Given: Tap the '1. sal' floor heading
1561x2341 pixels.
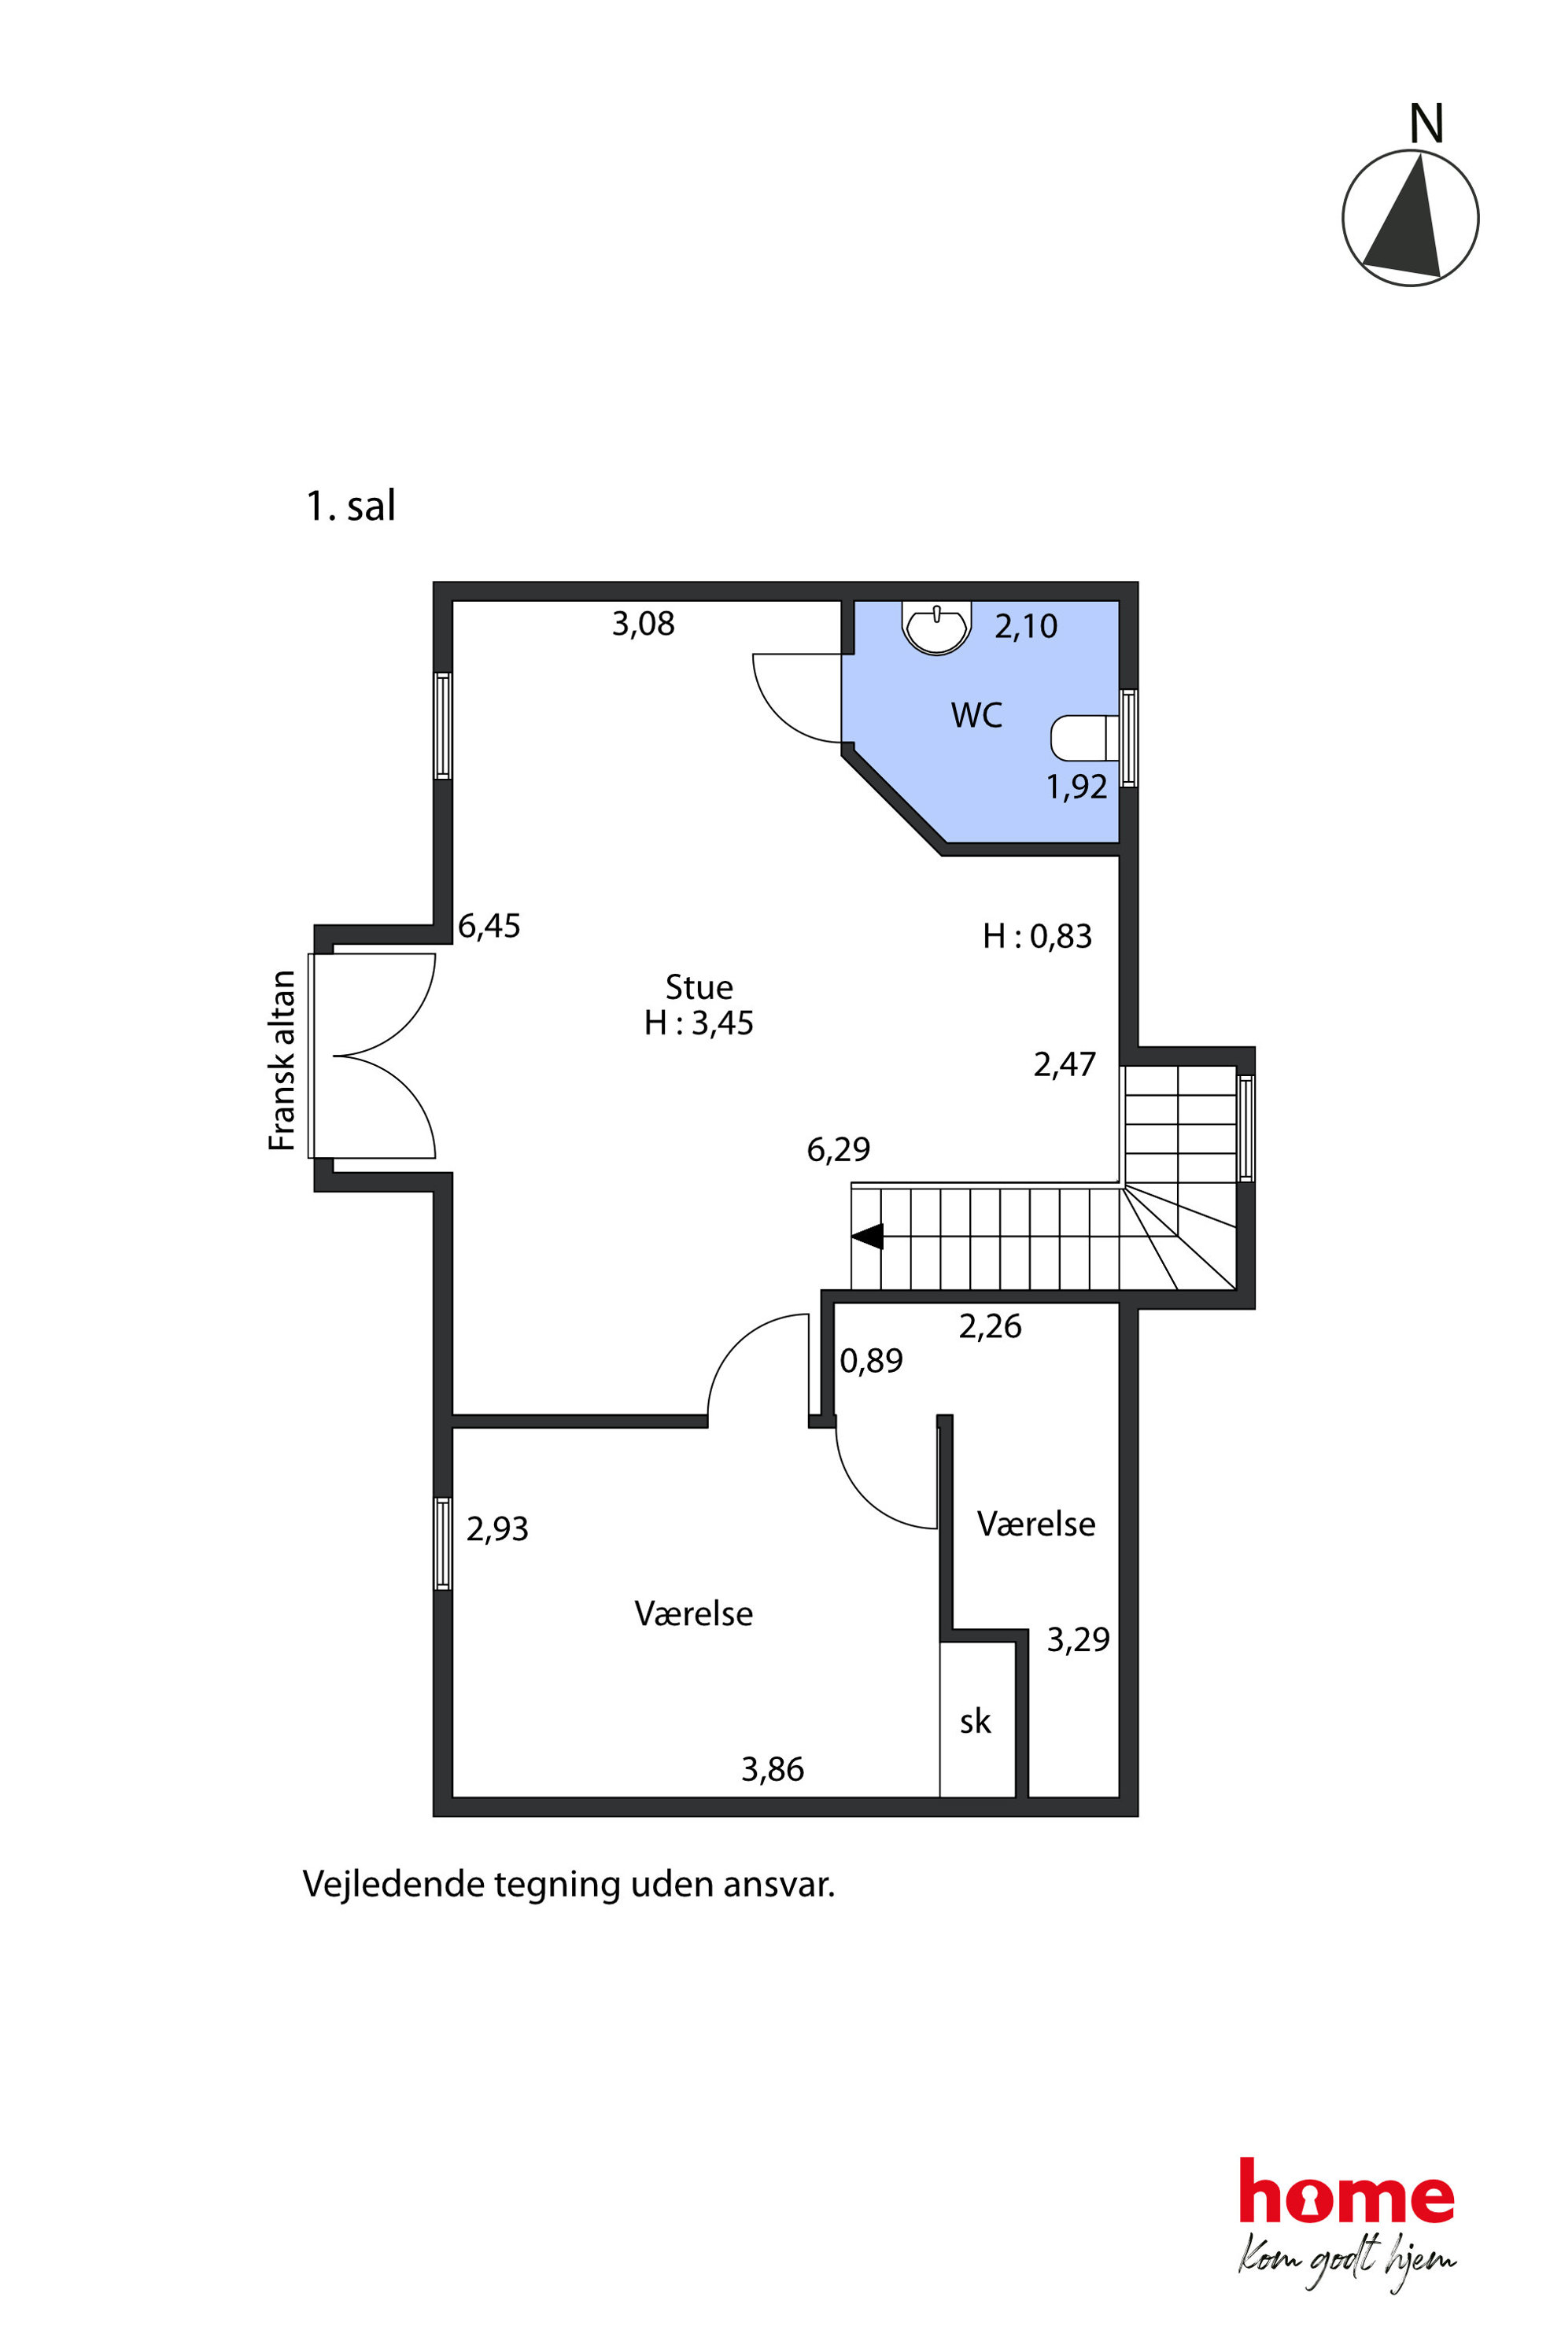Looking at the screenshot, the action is pyautogui.click(x=350, y=506).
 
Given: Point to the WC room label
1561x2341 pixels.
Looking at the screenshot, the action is pyautogui.click(x=976, y=714).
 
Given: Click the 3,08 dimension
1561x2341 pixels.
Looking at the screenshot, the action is pyautogui.click(x=643, y=624).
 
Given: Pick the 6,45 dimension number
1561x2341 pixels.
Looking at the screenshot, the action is pyautogui.click(x=489, y=927).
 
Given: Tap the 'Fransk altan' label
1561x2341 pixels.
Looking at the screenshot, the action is pyautogui.click(x=282, y=1060).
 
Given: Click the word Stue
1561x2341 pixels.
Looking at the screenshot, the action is pyautogui.click(x=699, y=986).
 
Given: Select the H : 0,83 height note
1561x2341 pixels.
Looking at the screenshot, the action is pyautogui.click(x=1037, y=935).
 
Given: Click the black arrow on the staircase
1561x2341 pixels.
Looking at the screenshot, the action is pyautogui.click(x=867, y=1237).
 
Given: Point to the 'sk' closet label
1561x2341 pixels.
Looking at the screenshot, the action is pyautogui.click(x=975, y=1721).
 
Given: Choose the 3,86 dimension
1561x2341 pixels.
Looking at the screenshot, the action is pyautogui.click(x=773, y=1768).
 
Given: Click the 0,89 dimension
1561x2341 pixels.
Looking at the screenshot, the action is pyautogui.click(x=871, y=1361).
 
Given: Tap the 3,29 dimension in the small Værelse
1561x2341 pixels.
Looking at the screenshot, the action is pyautogui.click(x=1078, y=1639).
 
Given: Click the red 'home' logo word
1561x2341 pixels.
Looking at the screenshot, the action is pyautogui.click(x=1346, y=2191).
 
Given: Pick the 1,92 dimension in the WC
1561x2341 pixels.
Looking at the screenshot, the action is pyautogui.click(x=1076, y=787).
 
